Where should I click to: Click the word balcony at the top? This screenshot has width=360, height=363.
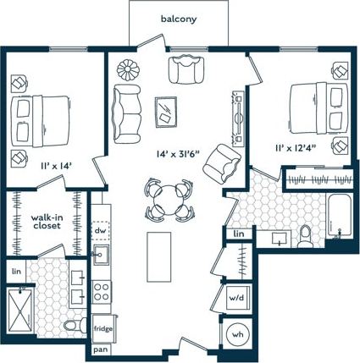pyautogui.click(x=180, y=19)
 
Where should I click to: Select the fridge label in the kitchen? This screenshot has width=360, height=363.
pyautogui.click(x=102, y=327)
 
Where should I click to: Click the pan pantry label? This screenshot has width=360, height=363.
pyautogui.click(x=100, y=349)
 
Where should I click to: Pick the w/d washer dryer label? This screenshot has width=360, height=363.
pyautogui.click(x=236, y=299)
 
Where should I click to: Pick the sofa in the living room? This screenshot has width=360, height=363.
pyautogui.click(x=129, y=113)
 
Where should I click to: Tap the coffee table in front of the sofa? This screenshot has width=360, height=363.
pyautogui.click(x=165, y=110)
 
